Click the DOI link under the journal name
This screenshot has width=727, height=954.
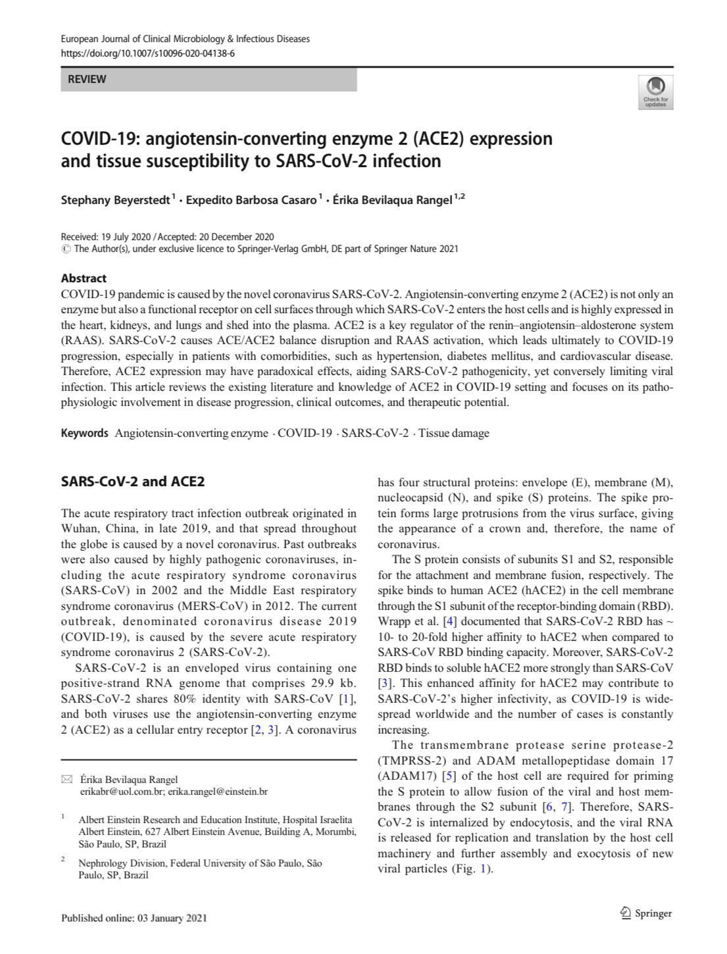[147, 53]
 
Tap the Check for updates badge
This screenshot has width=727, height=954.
[655, 92]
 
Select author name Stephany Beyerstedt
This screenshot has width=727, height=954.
[115, 200]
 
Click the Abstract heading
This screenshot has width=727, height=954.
[84, 278]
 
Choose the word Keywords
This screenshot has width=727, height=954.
[84, 433]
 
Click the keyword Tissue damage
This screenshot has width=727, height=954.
[454, 433]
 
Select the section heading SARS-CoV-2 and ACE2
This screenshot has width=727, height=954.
[132, 481]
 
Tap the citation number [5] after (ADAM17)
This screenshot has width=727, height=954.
[449, 776]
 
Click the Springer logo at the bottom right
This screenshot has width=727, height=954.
[646, 913]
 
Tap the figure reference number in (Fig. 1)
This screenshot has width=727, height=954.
[485, 869]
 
